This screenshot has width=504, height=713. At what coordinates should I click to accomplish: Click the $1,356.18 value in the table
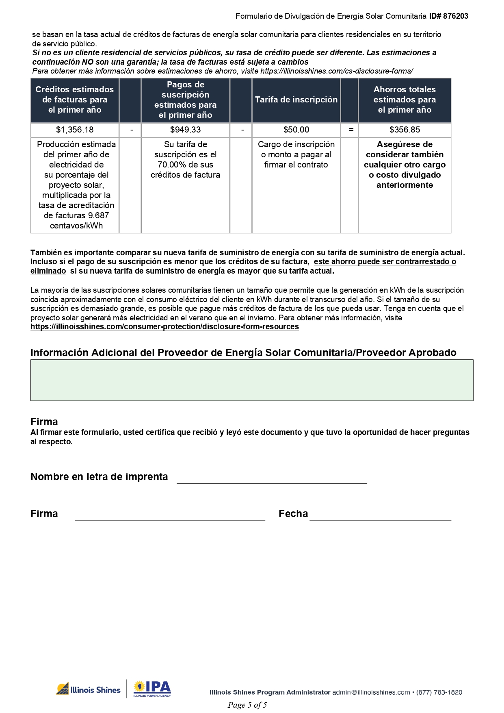click(75, 130)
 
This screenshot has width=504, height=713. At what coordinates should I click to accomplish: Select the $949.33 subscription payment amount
click(185, 130)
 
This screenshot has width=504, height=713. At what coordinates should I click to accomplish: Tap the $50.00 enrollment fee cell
click(296, 130)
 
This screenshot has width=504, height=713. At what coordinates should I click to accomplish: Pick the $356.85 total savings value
click(404, 130)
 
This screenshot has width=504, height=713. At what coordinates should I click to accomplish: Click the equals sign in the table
click(351, 130)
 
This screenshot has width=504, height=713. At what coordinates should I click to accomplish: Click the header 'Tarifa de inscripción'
click(296, 100)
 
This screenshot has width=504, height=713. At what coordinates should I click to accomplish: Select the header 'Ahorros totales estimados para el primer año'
click(404, 100)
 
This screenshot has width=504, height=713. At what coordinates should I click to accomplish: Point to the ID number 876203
click(456, 16)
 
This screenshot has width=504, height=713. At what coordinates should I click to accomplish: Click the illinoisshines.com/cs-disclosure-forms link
click(337, 71)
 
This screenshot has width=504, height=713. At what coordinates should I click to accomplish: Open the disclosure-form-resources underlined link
click(164, 327)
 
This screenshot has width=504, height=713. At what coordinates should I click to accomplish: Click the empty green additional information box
click(252, 380)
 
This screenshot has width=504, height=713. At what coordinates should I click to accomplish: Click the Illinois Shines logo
click(89, 689)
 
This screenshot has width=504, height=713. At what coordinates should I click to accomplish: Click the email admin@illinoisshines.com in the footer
click(371, 692)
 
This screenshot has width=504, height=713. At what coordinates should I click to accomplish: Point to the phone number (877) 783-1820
click(439, 692)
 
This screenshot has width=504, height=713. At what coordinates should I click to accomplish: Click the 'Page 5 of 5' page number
click(247, 705)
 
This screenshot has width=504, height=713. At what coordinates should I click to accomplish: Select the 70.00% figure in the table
click(170, 165)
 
